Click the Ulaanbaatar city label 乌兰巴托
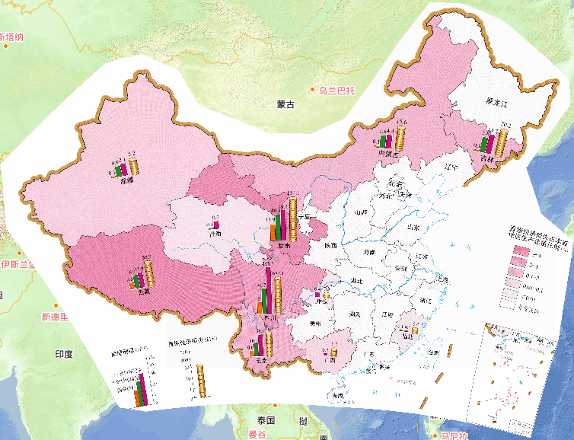[336, 90]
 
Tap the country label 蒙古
[285, 104]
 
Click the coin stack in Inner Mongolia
[401, 139]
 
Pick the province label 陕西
[330, 247]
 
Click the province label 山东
[393, 227]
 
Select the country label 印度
[63, 354]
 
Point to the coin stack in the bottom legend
[200, 378]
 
